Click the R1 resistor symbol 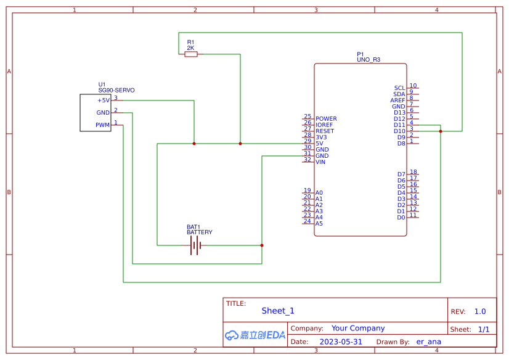tap(191, 54)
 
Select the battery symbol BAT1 tap(195, 245)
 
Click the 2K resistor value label tap(190, 47)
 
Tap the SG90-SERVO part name tap(116, 90)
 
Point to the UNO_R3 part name tap(369, 60)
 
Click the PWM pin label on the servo tap(102, 125)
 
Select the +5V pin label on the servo tap(103, 100)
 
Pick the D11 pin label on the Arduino tap(399, 125)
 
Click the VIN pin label tap(320, 162)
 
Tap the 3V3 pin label tap(320, 137)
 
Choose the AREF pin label tap(397, 100)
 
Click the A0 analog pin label tap(319, 193)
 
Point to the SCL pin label tap(399, 88)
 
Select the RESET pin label tap(325, 131)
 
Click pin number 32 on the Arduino tap(307, 160)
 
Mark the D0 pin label tap(401, 218)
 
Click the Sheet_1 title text tap(278, 311)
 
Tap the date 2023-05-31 tap(341, 341)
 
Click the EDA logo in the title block tap(254, 335)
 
